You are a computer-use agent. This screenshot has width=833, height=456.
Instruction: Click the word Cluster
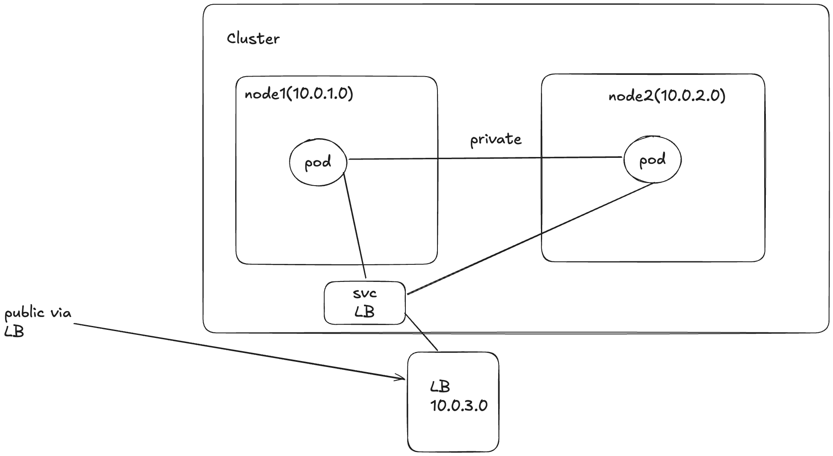pyautogui.click(x=253, y=39)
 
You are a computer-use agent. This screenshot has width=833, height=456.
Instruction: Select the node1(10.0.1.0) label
pyautogui.click(x=298, y=94)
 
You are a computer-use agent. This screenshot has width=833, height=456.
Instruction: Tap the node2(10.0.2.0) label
pyautogui.click(x=667, y=96)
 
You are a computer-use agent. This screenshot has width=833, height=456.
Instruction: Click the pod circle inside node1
pyautogui.click(x=318, y=162)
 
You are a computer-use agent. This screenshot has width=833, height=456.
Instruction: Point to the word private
pyautogui.click(x=496, y=140)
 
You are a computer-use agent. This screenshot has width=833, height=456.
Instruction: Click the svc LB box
pyautogui.click(x=364, y=303)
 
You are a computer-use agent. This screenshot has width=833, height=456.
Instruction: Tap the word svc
pyautogui.click(x=365, y=293)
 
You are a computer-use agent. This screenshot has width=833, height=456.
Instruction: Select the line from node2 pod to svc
pyautogui.click(x=530, y=239)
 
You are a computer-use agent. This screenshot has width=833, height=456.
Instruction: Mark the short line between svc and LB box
pyautogui.click(x=421, y=332)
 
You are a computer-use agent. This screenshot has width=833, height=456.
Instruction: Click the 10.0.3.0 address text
pyautogui.click(x=458, y=406)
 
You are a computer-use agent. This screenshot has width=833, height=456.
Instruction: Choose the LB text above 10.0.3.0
pyautogui.click(x=440, y=387)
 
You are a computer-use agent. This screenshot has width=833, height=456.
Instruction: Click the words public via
pyautogui.click(x=38, y=314)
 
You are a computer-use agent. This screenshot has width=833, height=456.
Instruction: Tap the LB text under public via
pyautogui.click(x=14, y=332)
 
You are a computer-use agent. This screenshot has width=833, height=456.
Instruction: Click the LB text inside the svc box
pyautogui.click(x=364, y=312)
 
